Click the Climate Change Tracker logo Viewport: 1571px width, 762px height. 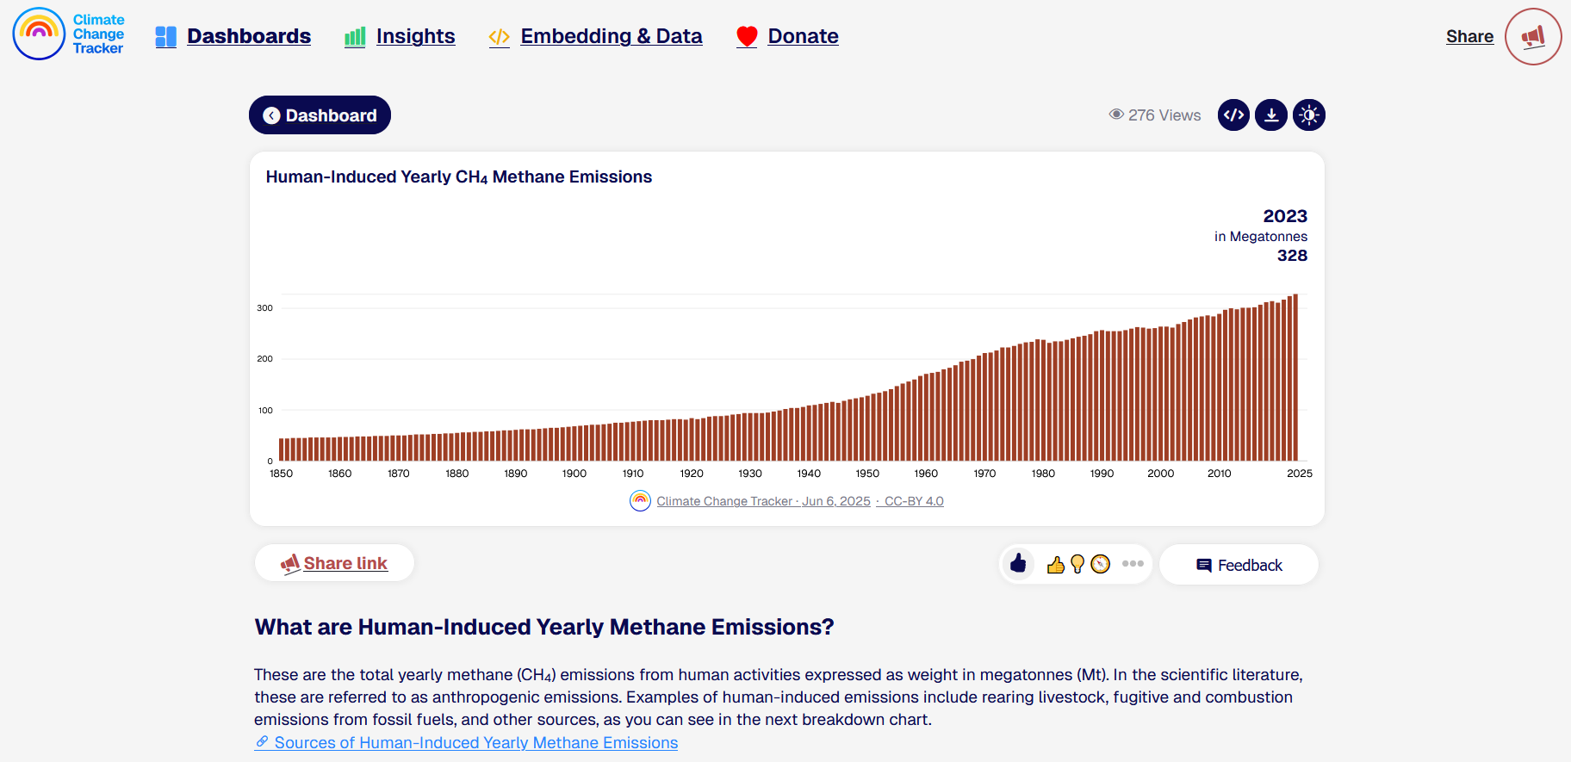click(x=69, y=34)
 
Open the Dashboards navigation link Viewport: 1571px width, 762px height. click(x=233, y=36)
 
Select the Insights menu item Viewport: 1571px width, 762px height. click(x=400, y=36)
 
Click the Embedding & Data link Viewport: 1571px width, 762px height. click(x=595, y=36)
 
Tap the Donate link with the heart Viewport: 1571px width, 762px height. click(x=787, y=36)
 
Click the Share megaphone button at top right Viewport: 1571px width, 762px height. click(x=1533, y=36)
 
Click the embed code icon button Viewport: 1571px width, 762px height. click(x=1234, y=115)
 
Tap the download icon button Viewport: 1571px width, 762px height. click(x=1271, y=115)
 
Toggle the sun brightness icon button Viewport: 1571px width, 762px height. click(x=1309, y=115)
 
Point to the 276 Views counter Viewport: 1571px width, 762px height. click(x=1155, y=115)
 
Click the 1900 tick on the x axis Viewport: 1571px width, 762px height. click(x=574, y=474)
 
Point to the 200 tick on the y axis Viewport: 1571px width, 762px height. click(x=264, y=359)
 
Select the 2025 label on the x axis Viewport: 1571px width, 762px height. click(x=1300, y=474)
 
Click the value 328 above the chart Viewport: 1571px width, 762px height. click(x=1292, y=256)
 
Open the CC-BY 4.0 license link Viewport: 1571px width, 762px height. click(x=914, y=501)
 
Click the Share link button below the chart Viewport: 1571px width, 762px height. click(x=334, y=563)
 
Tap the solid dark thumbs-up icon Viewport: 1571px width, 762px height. click(x=1019, y=564)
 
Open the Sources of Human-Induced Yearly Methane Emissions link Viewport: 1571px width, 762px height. click(x=466, y=742)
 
